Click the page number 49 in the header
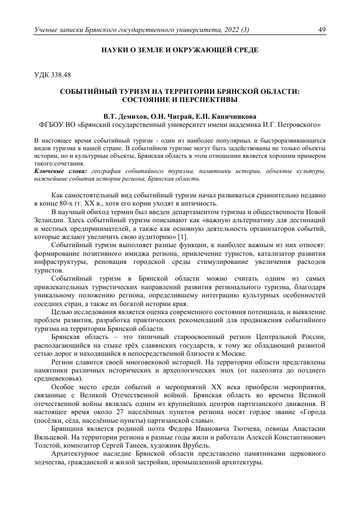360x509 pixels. point(321,30)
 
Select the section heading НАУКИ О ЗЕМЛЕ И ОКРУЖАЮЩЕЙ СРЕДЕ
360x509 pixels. point(180,50)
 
